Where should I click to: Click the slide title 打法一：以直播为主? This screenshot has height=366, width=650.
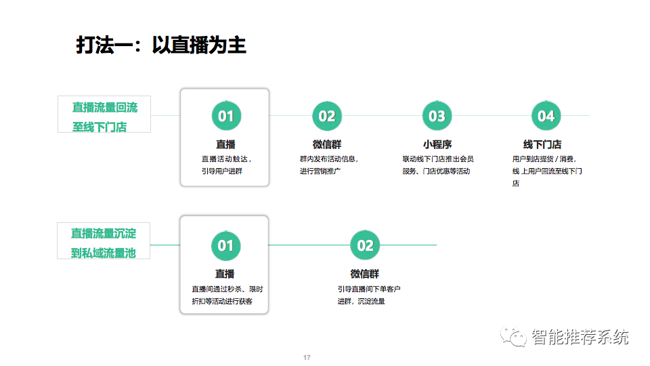click(x=161, y=45)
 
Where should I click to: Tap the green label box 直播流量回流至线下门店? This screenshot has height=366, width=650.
click(x=104, y=115)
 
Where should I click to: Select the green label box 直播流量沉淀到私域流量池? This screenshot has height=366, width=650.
click(x=104, y=241)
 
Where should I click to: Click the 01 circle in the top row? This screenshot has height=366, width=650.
click(x=226, y=116)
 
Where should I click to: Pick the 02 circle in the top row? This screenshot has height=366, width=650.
click(x=326, y=116)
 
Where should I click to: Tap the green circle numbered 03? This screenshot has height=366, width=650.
click(x=437, y=116)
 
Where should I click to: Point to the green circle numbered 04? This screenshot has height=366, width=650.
click(x=546, y=116)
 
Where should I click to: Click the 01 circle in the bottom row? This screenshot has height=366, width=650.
click(x=226, y=245)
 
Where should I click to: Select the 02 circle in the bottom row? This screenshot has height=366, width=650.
click(x=365, y=245)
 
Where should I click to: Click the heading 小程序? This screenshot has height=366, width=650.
click(x=437, y=144)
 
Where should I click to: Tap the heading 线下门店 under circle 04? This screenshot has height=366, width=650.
click(x=542, y=144)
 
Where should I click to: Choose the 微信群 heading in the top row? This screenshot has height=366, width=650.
click(x=327, y=144)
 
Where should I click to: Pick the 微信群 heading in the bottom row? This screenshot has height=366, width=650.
click(x=365, y=274)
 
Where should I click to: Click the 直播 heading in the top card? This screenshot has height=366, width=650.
click(x=225, y=144)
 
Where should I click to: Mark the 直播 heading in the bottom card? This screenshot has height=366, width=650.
click(x=225, y=274)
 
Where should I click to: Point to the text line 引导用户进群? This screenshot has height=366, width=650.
click(x=222, y=171)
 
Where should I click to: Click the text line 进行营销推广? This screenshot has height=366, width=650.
click(x=320, y=171)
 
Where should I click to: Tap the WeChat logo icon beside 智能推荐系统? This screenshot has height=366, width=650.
click(x=513, y=336)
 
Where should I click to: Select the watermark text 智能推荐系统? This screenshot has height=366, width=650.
click(x=580, y=337)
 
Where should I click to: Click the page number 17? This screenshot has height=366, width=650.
click(x=307, y=357)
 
